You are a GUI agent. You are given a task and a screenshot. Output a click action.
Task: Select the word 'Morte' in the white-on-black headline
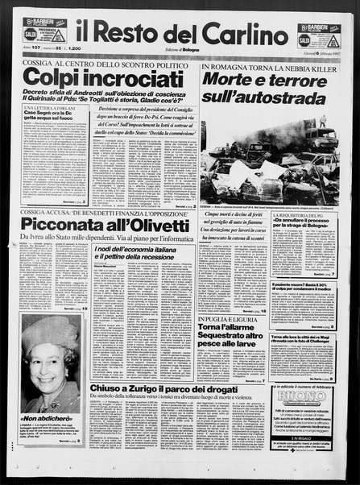pos(234,80)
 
